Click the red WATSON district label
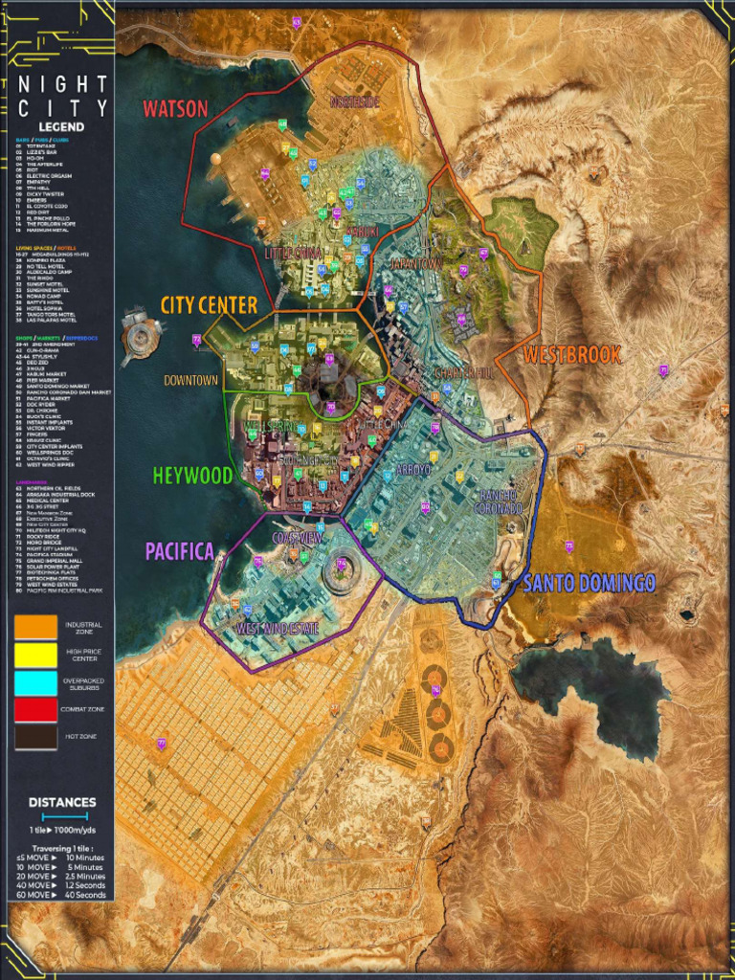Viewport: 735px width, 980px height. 175,108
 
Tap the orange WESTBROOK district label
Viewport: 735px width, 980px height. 572,355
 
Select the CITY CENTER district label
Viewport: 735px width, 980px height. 209,305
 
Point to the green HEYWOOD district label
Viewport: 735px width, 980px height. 191,475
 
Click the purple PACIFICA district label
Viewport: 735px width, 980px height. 181,551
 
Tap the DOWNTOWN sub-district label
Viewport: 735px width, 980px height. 191,381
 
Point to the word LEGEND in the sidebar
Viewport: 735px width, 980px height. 61,126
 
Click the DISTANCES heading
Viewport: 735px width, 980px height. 62,802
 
